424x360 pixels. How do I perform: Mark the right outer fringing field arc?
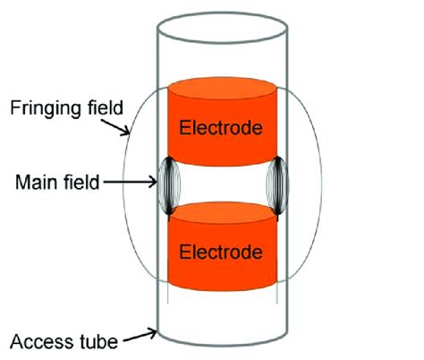pos(315,188)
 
